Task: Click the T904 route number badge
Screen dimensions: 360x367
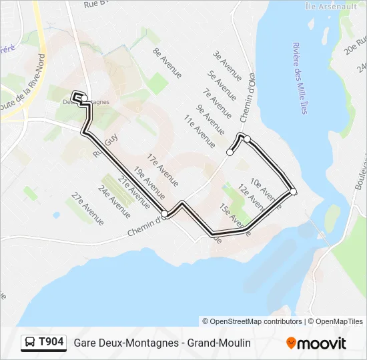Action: tap(43, 343)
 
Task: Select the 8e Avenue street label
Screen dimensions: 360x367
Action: tap(167, 63)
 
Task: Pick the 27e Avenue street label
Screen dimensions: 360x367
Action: tap(88, 208)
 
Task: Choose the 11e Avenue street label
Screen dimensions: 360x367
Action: tap(200, 130)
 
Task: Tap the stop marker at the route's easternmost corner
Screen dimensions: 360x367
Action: tap(293, 192)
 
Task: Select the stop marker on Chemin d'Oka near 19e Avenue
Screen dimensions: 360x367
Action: tap(165, 213)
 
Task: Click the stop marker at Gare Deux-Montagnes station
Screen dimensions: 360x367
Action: tap(83, 99)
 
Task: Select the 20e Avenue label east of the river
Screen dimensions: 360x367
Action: tap(352, 47)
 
